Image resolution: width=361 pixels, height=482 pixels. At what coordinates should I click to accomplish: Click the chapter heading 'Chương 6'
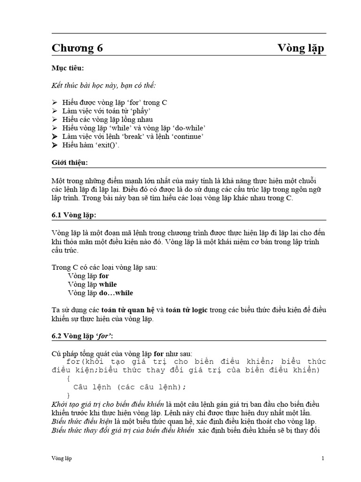coord(77,48)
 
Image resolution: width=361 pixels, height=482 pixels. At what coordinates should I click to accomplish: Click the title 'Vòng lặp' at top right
coord(300,48)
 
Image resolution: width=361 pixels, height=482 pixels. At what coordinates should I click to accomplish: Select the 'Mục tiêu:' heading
coord(68,69)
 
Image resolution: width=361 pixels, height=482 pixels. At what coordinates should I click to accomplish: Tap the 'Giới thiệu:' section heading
coord(70,162)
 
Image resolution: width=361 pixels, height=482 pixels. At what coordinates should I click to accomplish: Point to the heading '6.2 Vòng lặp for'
coord(82,336)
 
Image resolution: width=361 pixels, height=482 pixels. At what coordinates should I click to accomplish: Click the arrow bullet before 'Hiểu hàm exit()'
coord(55,145)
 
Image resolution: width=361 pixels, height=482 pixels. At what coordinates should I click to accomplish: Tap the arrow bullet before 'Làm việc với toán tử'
coord(55,111)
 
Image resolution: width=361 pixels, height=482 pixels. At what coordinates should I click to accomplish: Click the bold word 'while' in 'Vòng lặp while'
coord(108,284)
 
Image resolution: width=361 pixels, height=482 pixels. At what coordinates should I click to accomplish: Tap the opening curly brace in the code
coord(69,378)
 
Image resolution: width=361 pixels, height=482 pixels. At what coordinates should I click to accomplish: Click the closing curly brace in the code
coord(69,395)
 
